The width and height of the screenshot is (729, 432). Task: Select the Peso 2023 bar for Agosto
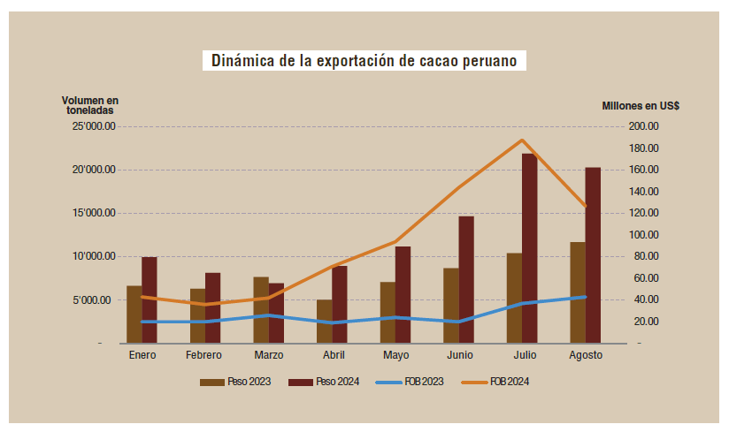click(577, 292)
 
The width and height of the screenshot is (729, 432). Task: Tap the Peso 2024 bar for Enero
click(150, 299)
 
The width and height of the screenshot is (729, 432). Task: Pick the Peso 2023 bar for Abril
click(324, 321)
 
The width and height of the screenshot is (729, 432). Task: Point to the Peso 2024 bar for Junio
click(465, 279)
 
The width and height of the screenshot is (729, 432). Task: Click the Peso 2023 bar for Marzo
click(261, 309)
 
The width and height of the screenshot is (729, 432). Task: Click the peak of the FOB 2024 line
click(522, 140)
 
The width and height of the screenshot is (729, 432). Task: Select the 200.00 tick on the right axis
click(641, 126)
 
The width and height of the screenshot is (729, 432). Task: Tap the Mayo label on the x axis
click(395, 355)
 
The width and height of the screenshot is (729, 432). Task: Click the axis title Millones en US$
click(641, 106)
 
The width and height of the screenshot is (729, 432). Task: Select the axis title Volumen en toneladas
click(89, 106)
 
